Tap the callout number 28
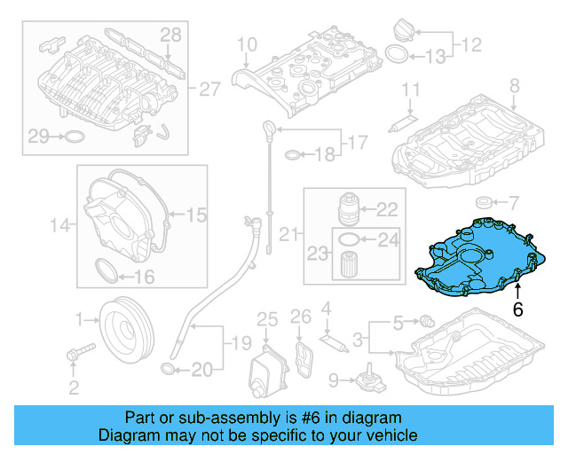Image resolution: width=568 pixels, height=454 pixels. (170, 35)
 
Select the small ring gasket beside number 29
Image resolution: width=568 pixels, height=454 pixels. (75, 137)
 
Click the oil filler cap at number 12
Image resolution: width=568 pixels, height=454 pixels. (404, 30)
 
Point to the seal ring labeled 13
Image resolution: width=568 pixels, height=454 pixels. (397, 54)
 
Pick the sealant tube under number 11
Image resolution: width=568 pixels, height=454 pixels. (402, 123)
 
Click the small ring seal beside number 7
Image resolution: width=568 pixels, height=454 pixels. (483, 203)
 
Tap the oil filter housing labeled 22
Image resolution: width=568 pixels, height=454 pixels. (349, 209)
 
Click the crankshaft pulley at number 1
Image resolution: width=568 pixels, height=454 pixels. (126, 330)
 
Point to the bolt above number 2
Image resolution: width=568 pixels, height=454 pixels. (81, 351)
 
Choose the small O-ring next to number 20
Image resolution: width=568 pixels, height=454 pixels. (168, 369)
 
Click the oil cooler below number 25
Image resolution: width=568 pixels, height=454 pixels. (268, 372)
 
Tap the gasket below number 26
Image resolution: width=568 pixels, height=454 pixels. (304, 359)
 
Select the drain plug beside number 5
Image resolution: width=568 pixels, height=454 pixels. (427, 321)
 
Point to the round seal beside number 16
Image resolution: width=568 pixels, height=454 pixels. (106, 270)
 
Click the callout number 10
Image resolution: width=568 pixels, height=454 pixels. (247, 45)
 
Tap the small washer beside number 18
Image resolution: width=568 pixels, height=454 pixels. (293, 155)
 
